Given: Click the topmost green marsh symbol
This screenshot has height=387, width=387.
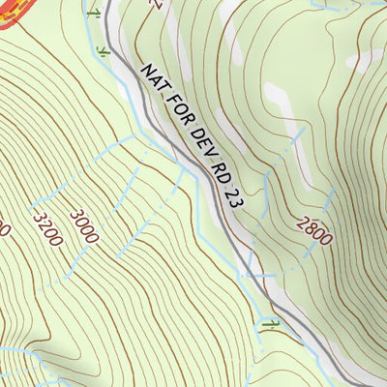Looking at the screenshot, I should click(93, 14).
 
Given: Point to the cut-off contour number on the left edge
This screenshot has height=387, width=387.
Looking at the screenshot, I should click(4, 230).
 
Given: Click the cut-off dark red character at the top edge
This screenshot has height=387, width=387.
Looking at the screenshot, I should click(152, 4).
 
